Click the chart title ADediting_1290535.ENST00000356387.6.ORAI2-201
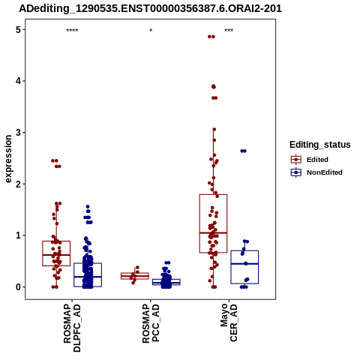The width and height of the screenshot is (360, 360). pyautogui.click(x=150, y=8)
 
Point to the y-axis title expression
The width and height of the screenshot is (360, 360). pyautogui.click(x=8, y=159)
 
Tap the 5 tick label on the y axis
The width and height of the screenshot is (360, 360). pyautogui.click(x=18, y=30)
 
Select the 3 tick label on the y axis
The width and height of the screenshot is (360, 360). pyautogui.click(x=18, y=133)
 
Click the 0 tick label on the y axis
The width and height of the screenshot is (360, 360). pyautogui.click(x=18, y=287)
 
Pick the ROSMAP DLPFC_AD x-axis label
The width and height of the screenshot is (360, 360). pyautogui.click(x=72, y=328)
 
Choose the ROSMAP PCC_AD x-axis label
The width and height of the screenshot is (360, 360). pyautogui.click(x=151, y=323)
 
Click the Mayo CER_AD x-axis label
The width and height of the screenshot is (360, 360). pyautogui.click(x=229, y=322)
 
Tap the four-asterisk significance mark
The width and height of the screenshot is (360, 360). pyautogui.click(x=72, y=31)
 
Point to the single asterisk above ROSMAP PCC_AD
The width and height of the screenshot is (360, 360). pyautogui.click(x=151, y=31)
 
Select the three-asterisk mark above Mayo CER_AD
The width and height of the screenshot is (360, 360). pyautogui.click(x=229, y=31)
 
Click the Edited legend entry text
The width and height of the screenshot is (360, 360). pyautogui.click(x=317, y=160)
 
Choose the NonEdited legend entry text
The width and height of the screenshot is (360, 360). pyautogui.click(x=325, y=172)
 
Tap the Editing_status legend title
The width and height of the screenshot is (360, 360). pyautogui.click(x=320, y=145)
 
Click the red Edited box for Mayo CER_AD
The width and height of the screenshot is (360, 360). pyautogui.click(x=213, y=194)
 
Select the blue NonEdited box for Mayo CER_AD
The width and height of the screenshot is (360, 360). pyautogui.click(x=244, y=250)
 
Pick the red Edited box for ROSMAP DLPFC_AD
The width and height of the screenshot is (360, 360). pyautogui.click(x=56, y=241)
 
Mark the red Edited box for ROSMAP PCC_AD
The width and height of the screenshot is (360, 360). pyautogui.click(x=135, y=273)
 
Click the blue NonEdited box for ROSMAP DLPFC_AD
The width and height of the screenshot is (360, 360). pyautogui.click(x=88, y=263)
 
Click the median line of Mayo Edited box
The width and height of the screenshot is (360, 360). pyautogui.click(x=213, y=232)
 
